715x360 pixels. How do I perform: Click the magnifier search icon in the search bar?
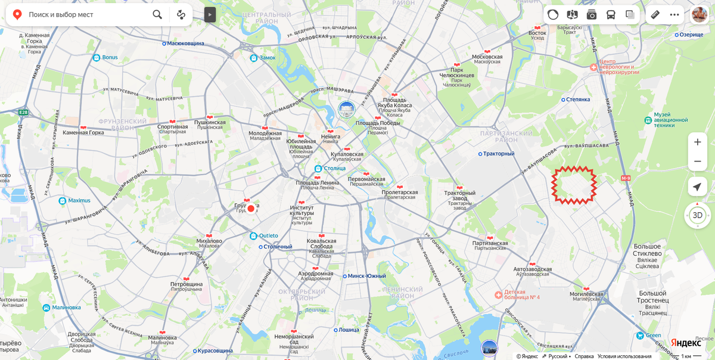click(x=157, y=14)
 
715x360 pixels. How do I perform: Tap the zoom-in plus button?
click(x=697, y=142)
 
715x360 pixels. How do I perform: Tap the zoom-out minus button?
click(x=697, y=162)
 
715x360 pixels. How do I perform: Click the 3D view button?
click(x=697, y=215)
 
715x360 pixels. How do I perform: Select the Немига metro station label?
click(x=331, y=136)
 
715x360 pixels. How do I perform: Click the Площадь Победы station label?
click(x=378, y=123)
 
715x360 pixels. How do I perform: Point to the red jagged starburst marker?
click(x=574, y=185)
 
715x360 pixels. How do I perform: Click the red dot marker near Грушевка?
click(x=251, y=209)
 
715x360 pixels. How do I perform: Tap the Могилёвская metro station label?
click(x=587, y=294)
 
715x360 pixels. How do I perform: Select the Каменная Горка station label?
click(x=83, y=132)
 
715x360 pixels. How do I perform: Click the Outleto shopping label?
click(x=268, y=236)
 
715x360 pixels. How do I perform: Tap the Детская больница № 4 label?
click(x=522, y=294)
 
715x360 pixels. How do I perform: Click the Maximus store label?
click(x=79, y=201)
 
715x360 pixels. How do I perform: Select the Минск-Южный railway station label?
click(x=367, y=276)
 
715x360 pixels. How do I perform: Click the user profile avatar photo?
click(x=700, y=14)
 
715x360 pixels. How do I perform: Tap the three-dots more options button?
click(x=674, y=14)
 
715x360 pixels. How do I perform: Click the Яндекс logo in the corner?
click(x=686, y=343)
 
